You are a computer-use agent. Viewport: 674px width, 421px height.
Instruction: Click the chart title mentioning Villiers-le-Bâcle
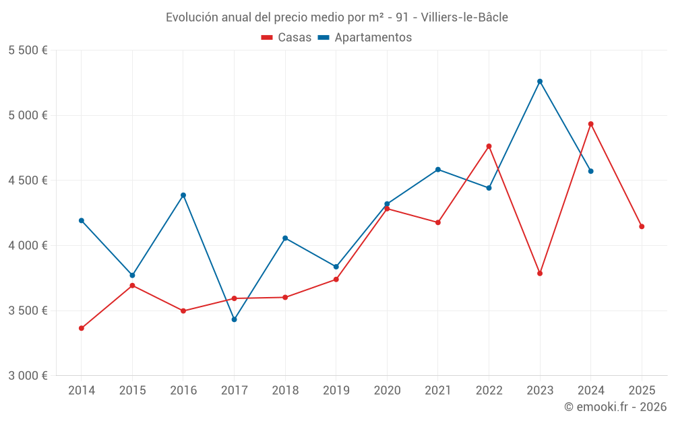[x=336, y=17]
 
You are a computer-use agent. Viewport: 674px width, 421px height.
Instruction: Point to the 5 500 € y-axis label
[x=28, y=51]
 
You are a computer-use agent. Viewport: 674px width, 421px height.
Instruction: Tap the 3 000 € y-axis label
[x=28, y=376]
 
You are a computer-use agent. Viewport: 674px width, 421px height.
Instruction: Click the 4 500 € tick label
[x=28, y=181]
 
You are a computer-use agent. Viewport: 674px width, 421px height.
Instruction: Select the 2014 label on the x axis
[x=82, y=390]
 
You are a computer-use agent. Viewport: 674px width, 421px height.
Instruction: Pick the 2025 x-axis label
[x=642, y=390]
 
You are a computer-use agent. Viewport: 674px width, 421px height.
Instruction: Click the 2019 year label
[x=336, y=390]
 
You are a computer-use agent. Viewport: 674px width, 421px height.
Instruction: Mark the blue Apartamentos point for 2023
[x=540, y=82]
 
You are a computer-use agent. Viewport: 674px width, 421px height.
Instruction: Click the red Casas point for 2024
[x=591, y=124]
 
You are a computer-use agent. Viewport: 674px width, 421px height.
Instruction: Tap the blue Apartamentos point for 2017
[x=235, y=319]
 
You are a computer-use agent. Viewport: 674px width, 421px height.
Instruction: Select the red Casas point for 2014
[x=82, y=328]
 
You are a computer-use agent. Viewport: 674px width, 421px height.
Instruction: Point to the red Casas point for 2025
[x=642, y=226]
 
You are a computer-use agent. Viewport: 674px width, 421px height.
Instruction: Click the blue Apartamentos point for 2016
[x=183, y=195]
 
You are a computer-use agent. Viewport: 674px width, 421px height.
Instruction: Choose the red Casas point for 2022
[x=489, y=146]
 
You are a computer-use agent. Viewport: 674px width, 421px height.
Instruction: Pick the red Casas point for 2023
[x=540, y=273]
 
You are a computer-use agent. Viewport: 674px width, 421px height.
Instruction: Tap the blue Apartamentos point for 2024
[x=591, y=171]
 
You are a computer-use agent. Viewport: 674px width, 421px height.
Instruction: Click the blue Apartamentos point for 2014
[x=82, y=220]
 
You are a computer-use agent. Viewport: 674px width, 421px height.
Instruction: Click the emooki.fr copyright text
[x=615, y=407]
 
